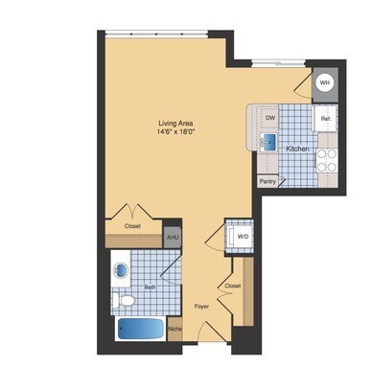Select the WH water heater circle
pos(324,83)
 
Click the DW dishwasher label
pos(271,119)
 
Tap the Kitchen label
pos(295,149)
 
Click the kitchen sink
pos(269,144)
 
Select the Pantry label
pos(267,180)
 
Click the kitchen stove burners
pos(326,160)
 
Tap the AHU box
pos(173,237)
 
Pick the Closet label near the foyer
pos(232,286)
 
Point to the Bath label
pos(151,286)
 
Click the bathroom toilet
pos(125,300)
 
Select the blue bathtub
pos(140,330)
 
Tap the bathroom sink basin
pos(123,269)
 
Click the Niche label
pos(174,332)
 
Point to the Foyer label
pos(201,307)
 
